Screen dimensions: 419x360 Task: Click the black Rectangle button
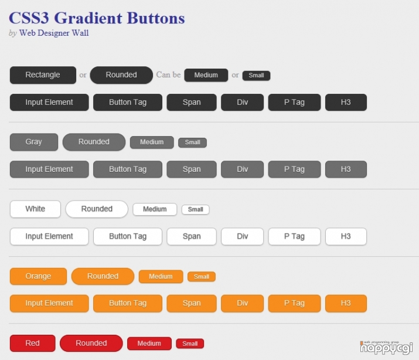[x=43, y=75]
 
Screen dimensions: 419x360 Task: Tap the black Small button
[x=256, y=76]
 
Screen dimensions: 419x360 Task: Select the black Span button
[x=192, y=102]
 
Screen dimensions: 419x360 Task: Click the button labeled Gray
[x=34, y=142]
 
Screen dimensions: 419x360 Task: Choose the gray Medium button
[x=152, y=142]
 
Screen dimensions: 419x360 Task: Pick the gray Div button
[x=243, y=169]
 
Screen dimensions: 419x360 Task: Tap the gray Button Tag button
[x=128, y=169]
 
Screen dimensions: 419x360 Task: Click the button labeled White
[x=35, y=209]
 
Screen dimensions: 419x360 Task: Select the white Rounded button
[x=97, y=209]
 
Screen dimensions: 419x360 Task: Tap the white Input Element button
[x=49, y=236]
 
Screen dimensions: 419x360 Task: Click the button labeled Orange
[x=38, y=276]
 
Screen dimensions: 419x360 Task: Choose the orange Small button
[x=202, y=277]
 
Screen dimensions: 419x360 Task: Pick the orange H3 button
[x=346, y=303]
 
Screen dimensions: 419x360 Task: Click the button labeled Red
[x=33, y=343]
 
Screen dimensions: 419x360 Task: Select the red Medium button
[x=149, y=344]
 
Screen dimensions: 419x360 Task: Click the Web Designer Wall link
[x=54, y=33]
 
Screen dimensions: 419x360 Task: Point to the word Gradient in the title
[x=88, y=18]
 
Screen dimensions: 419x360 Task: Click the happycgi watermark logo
[x=386, y=348]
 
